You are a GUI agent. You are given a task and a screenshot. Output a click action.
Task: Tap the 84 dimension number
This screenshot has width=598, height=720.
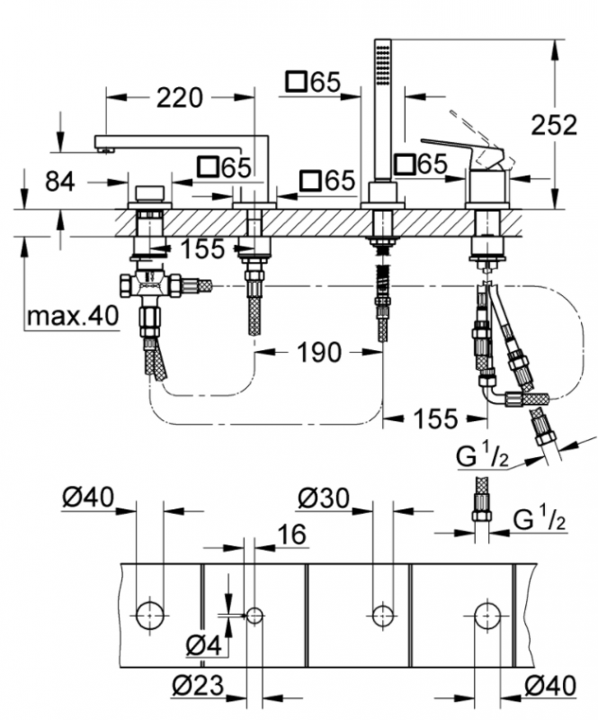[x=59, y=181]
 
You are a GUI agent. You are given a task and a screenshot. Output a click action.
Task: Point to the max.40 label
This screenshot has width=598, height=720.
[x=72, y=316]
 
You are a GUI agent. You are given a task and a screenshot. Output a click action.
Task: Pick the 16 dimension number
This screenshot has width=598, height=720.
[x=288, y=535]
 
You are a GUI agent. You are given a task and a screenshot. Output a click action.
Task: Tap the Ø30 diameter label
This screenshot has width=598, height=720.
[x=321, y=497]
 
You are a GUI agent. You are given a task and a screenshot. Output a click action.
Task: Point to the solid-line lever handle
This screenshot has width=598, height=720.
[x=459, y=150]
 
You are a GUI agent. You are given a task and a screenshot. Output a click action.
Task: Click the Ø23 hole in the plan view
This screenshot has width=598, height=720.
[x=254, y=616]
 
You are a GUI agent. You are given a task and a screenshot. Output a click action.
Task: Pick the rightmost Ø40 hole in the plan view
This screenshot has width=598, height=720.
[x=487, y=616]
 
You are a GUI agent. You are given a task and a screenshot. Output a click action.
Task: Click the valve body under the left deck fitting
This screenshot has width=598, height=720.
[x=150, y=285]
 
